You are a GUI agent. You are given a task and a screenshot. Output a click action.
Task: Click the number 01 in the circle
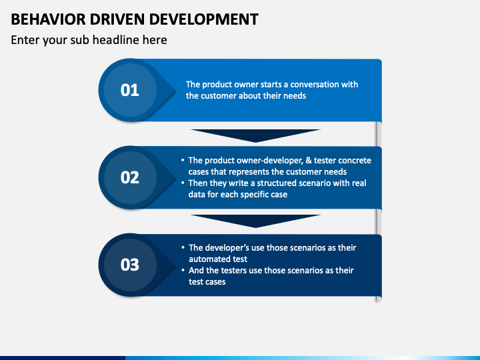point(130,90)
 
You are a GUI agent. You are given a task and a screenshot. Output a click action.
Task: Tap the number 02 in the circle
point(130,177)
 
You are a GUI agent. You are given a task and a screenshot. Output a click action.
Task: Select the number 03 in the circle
point(130,265)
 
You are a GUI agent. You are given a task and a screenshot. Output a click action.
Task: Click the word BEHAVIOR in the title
point(49,19)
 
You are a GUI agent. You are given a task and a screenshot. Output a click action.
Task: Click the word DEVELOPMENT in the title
point(204,19)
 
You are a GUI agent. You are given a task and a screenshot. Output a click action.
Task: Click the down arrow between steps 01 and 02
point(255,135)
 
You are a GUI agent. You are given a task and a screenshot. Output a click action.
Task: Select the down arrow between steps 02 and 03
point(255,221)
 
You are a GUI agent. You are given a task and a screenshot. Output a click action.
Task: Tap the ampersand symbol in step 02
point(309,161)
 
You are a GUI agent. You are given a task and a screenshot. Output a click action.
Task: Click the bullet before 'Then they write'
point(183,183)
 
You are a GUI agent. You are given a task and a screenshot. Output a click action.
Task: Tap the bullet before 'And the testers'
point(183,270)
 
